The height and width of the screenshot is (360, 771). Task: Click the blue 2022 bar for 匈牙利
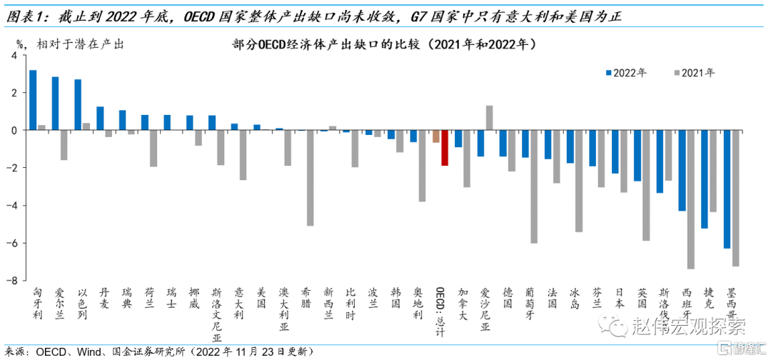click(33, 100)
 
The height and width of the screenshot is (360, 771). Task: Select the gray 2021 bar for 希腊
click(310, 178)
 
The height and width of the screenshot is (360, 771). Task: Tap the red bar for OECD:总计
click(444, 148)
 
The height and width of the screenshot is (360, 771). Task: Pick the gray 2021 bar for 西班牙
click(690, 199)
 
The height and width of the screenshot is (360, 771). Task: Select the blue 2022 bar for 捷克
click(705, 179)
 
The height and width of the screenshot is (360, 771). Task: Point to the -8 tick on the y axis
click(12, 281)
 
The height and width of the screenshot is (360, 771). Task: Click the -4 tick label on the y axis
click(12, 206)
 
